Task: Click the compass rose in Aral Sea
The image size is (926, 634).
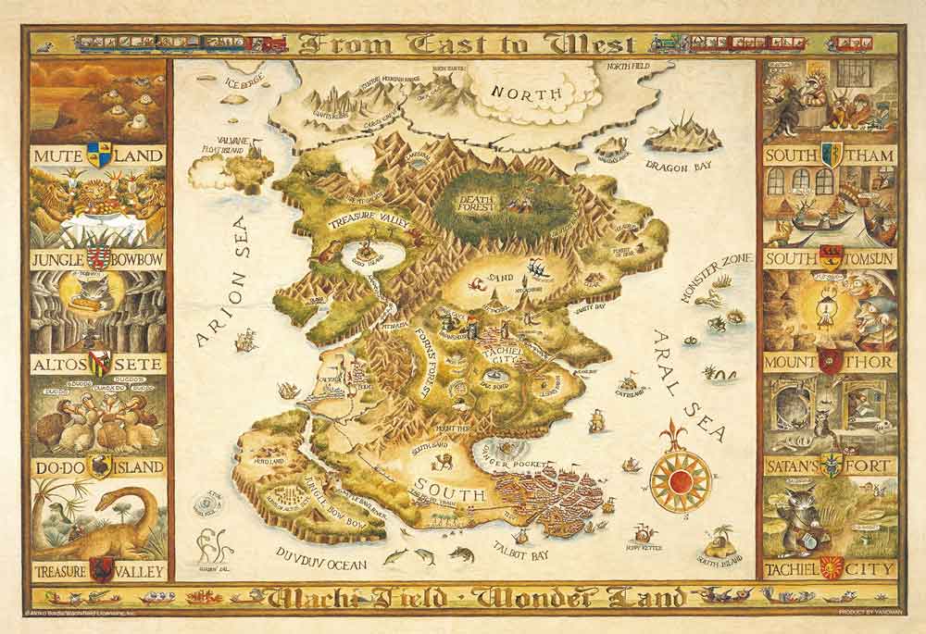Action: pyautogui.click(x=681, y=479)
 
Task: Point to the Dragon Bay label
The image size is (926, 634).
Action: pyautogui.click(x=678, y=168)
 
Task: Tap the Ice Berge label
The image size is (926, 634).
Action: pyautogui.click(x=244, y=81)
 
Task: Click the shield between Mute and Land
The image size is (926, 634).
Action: pyautogui.click(x=98, y=155)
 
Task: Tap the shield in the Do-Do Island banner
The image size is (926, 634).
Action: pyautogui.click(x=98, y=465)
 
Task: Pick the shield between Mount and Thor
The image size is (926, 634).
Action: pyautogui.click(x=830, y=362)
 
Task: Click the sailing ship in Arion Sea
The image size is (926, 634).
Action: pyautogui.click(x=246, y=342)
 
